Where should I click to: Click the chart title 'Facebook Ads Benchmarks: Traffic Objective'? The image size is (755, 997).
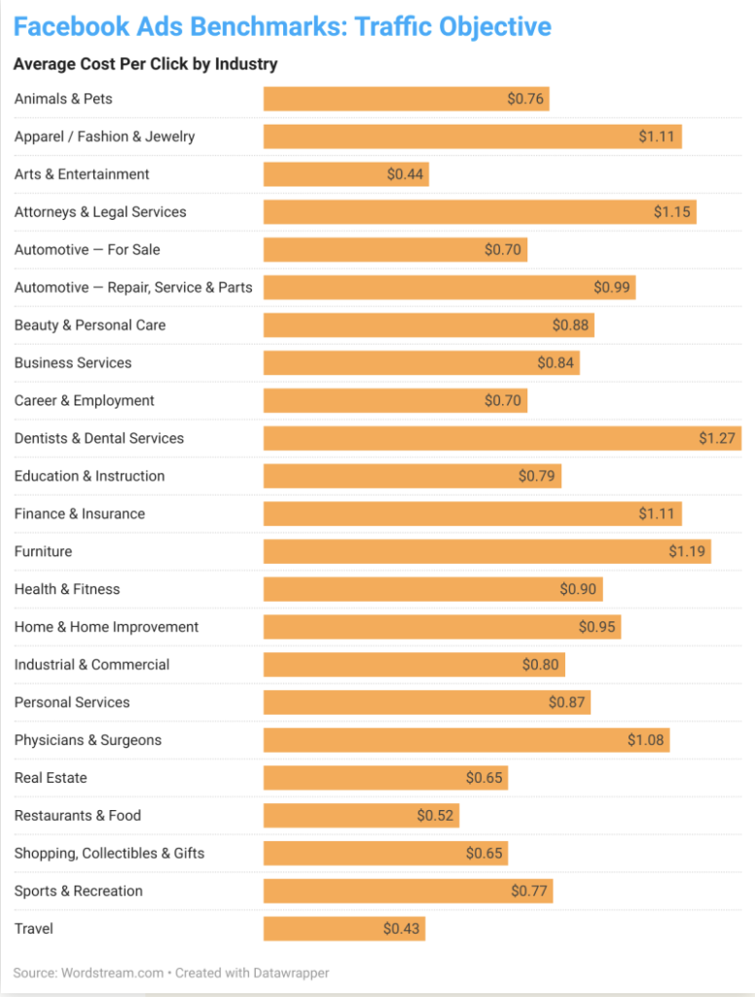(x=282, y=26)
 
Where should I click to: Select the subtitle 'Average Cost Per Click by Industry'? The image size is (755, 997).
(x=145, y=64)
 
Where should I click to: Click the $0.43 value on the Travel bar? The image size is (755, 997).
(x=401, y=929)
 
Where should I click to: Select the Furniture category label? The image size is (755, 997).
(x=43, y=552)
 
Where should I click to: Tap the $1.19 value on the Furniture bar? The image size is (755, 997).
(x=687, y=552)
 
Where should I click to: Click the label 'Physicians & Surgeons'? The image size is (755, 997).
(x=88, y=740)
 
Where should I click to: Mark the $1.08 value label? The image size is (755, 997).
(x=645, y=740)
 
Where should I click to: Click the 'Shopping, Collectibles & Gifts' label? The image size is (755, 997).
(x=109, y=854)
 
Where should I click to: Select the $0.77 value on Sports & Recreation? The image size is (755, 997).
(x=530, y=891)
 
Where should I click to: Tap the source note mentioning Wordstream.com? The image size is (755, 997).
(x=170, y=973)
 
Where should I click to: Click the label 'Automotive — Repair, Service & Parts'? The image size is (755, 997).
(x=133, y=287)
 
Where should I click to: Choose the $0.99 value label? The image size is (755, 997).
(x=612, y=287)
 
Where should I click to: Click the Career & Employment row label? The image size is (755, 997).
(x=84, y=401)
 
